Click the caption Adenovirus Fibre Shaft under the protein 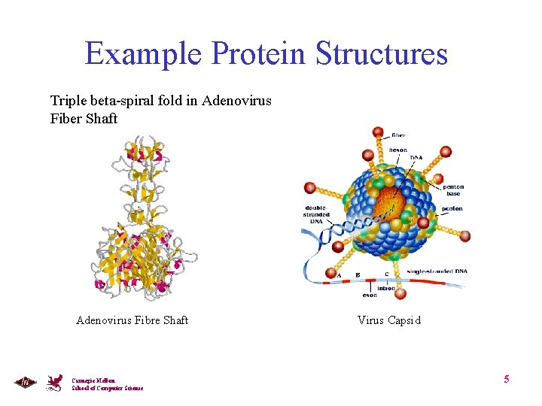point(132,320)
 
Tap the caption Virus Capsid point(389,320)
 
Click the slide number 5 point(507,379)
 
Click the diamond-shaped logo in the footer point(25,383)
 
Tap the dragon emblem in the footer point(55,382)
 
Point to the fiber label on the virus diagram point(398,135)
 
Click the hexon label point(399,150)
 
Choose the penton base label point(454,190)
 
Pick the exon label point(370,295)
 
